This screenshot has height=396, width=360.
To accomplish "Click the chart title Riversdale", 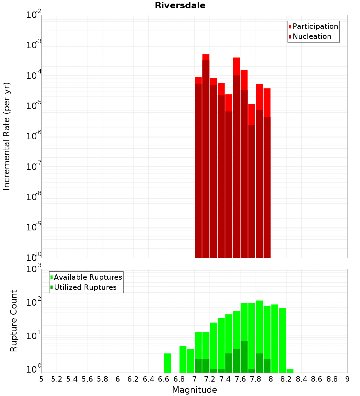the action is [180, 5].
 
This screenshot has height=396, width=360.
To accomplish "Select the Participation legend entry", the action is [313, 26].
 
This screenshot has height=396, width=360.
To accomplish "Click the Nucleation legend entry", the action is [310, 36].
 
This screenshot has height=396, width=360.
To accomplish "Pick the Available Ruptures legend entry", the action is [86, 277].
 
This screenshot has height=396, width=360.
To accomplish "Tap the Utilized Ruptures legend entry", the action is [84, 287].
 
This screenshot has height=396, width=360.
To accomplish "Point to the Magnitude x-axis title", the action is [194, 390].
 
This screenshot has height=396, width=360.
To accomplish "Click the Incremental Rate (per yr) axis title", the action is [6, 136].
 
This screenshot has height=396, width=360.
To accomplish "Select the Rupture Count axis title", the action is [13, 321].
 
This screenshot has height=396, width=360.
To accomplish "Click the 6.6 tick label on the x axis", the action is [163, 379].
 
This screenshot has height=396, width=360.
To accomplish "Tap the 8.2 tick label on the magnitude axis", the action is [286, 379].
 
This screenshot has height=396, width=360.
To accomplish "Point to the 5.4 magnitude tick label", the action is [72, 379].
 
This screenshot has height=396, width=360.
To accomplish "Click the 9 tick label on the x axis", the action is [347, 379].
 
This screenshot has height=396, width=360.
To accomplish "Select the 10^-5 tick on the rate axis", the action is [34, 105].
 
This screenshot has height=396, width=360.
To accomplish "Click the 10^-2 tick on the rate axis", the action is [34, 14].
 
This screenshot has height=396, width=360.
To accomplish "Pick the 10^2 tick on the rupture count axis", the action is [34, 302].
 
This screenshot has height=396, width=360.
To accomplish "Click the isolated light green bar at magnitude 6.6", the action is [167, 363].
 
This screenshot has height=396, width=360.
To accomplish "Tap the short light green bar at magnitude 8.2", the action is [290, 371].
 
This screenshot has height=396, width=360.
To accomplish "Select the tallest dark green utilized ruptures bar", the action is [244, 357].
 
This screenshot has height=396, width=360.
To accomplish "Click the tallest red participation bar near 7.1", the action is [206, 57].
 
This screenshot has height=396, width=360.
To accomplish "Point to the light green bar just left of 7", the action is [190, 361].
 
